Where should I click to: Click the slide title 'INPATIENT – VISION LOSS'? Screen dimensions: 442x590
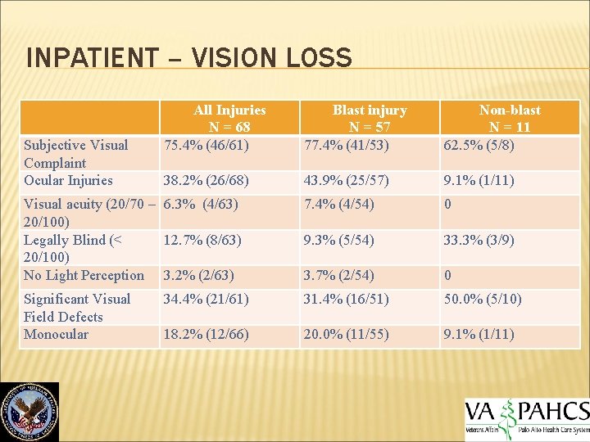[x=189, y=58]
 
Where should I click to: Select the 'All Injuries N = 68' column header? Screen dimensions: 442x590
[x=229, y=118]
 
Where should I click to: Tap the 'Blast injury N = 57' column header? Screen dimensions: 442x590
[x=369, y=118]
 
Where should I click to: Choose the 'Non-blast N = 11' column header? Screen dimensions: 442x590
[x=510, y=118]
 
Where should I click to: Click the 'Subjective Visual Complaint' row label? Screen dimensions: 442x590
[x=76, y=154]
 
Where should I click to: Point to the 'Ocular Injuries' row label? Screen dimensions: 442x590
[x=69, y=180]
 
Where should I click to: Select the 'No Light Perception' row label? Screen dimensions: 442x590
[x=84, y=275]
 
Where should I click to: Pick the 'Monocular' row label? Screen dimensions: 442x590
[x=56, y=334]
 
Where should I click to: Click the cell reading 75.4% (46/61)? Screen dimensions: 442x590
[x=206, y=146]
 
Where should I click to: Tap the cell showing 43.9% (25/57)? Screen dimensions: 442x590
[x=347, y=180]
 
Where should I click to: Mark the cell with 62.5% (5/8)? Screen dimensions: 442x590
[x=479, y=146]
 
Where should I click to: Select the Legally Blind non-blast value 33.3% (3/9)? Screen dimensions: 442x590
[x=479, y=240]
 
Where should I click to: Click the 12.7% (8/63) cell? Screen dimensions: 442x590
[x=202, y=240]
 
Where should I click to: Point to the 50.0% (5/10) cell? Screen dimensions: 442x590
[x=483, y=299]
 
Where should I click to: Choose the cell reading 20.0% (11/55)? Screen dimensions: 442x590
[x=347, y=334]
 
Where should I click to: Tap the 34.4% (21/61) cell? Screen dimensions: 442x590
[x=206, y=299]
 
